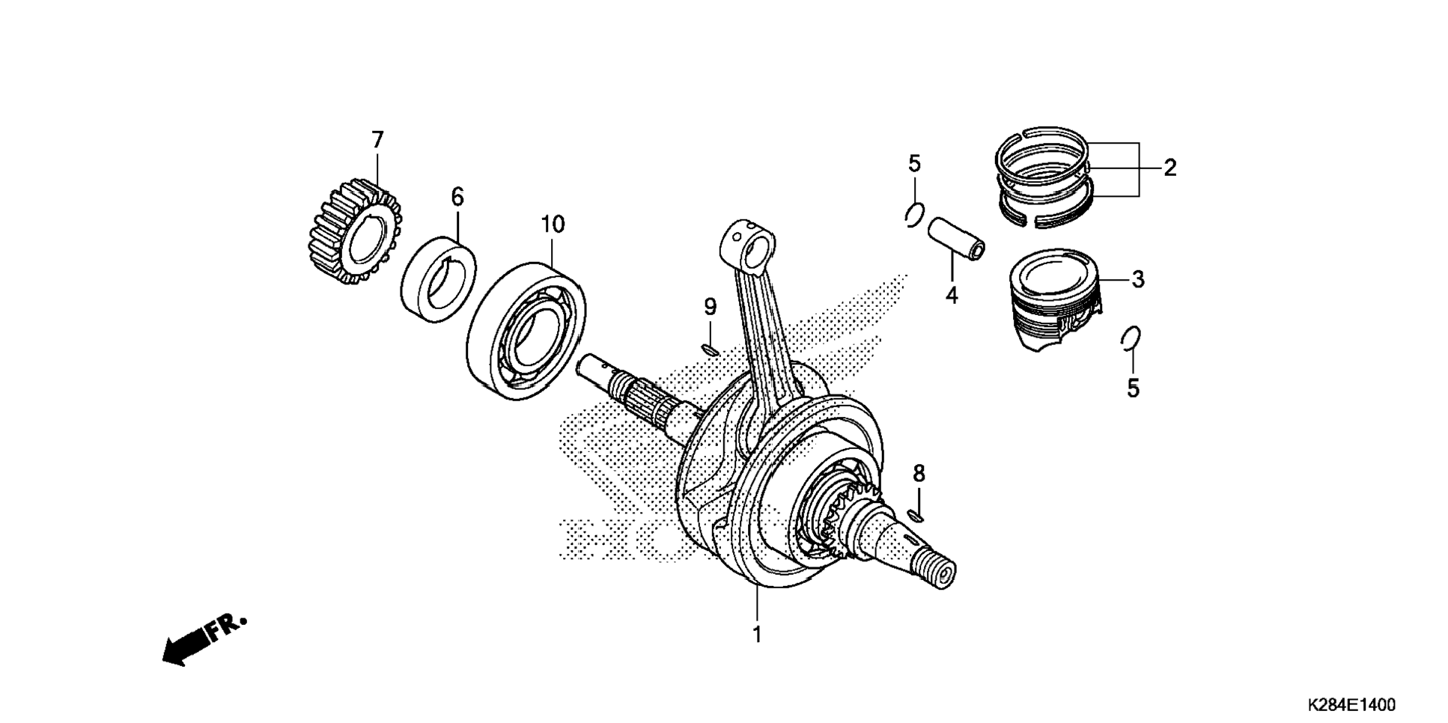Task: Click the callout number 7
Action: click(377, 140)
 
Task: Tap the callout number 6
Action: click(457, 198)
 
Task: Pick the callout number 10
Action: click(553, 225)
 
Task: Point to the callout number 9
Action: click(710, 307)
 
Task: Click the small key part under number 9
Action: click(710, 349)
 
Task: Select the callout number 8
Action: click(919, 473)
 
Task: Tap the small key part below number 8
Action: click(915, 515)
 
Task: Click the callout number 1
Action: click(757, 635)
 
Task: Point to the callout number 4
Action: click(951, 296)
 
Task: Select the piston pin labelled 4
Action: click(956, 239)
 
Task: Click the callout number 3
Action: click(1138, 280)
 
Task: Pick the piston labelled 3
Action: click(1056, 299)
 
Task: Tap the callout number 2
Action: click(1169, 168)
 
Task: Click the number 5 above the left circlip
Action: click(914, 164)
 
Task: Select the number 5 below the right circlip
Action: click(1133, 389)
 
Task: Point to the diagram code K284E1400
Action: click(1351, 705)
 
